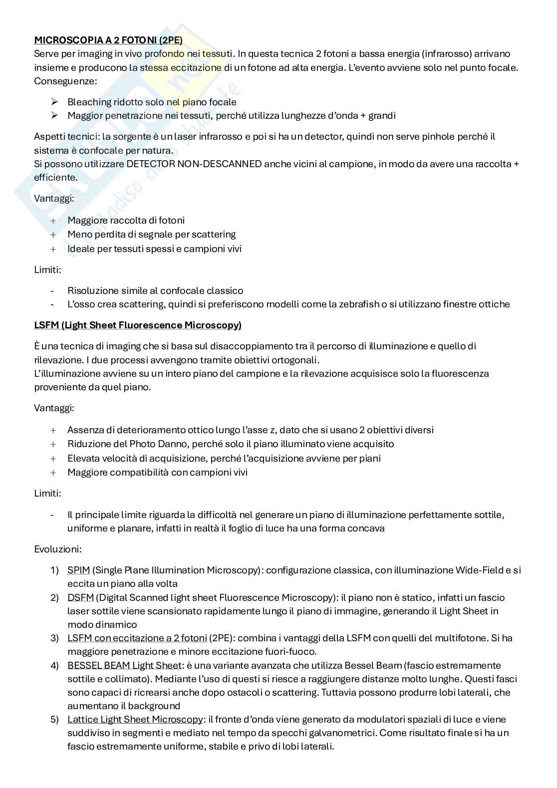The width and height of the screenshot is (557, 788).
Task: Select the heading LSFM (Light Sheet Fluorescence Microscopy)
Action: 138,325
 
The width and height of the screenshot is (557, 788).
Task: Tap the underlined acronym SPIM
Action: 78,570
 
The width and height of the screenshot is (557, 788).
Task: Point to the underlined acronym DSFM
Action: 80,597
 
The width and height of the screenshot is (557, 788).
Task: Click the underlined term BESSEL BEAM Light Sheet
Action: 124,665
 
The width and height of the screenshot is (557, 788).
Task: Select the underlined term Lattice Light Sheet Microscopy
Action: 135,719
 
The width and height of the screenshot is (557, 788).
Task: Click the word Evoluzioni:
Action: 58,549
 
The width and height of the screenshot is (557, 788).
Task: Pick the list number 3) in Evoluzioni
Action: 54,638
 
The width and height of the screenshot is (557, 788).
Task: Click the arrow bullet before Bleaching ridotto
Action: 54,102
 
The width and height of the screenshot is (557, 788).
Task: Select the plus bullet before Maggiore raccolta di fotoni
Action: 53,221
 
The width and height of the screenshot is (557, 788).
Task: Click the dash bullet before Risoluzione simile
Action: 52,291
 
